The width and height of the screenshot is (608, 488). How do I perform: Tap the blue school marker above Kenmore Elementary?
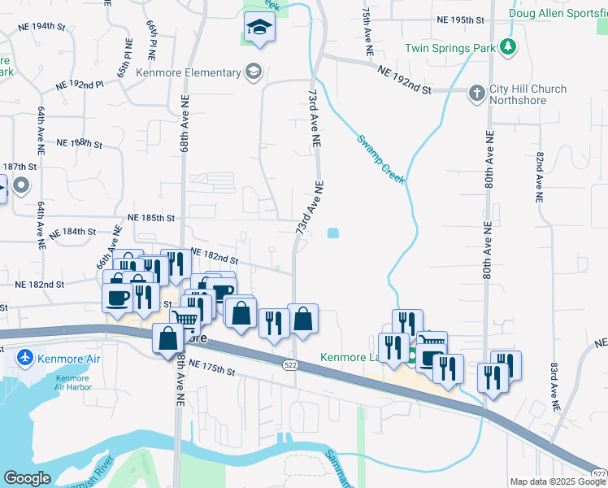point(259,29)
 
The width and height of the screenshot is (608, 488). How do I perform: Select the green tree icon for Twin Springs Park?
point(509,46)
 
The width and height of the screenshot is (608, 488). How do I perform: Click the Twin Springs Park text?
point(450,49)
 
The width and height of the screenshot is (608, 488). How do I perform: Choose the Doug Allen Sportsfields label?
point(558,13)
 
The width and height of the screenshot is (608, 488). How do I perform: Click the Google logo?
point(27,478)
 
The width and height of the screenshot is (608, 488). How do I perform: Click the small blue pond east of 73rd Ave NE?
point(333,234)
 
